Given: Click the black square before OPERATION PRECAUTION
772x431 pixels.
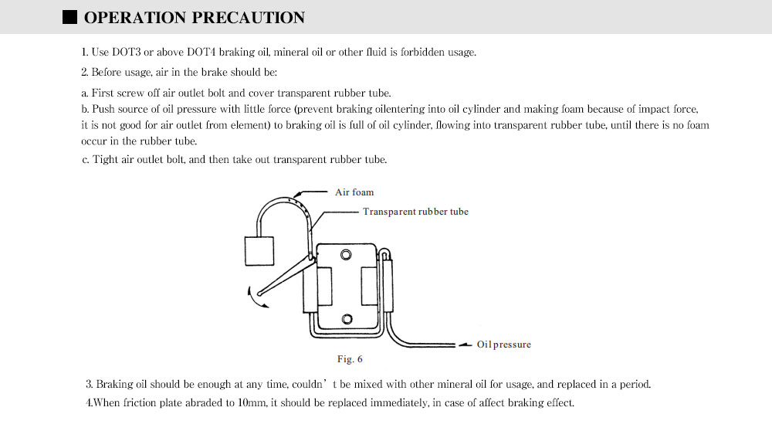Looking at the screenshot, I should click(69, 17).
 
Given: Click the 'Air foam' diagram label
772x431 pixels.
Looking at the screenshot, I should click(354, 192).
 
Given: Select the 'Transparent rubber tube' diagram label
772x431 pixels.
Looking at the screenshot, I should click(415, 212).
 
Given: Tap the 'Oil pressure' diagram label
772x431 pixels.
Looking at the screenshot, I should click(503, 344).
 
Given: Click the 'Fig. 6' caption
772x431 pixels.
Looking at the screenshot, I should click(350, 359).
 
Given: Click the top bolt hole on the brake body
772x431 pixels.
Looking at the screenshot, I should click(347, 256).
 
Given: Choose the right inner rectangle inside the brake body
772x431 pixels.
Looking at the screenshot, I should click(368, 287).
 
